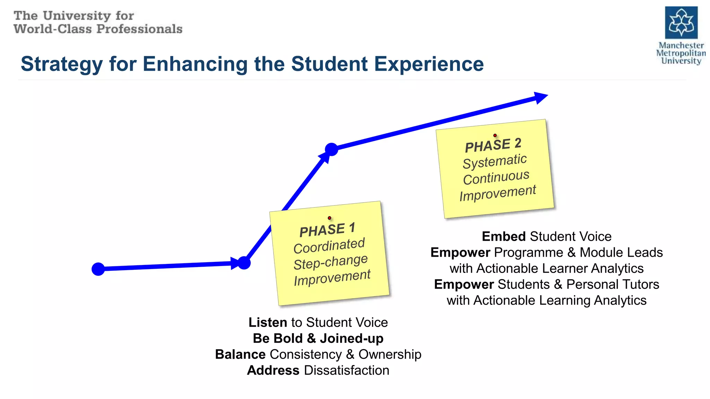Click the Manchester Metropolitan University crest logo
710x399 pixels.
[681, 23]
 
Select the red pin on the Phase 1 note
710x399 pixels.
[329, 218]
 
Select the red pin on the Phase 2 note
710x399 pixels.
[495, 135]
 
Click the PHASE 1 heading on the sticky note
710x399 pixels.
[327, 230]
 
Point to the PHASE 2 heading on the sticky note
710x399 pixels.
[493, 145]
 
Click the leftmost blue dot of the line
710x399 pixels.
[98, 269]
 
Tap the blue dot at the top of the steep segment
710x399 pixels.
[331, 149]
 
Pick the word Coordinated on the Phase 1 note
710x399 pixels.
[329, 246]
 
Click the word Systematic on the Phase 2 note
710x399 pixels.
[495, 161]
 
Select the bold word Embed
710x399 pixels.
[504, 237]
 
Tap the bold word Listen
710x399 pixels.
[268, 322]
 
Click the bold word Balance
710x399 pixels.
[240, 354]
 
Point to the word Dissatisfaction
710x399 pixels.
[346, 370]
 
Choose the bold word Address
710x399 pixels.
[273, 370]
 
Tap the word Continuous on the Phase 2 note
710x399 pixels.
[496, 177]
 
